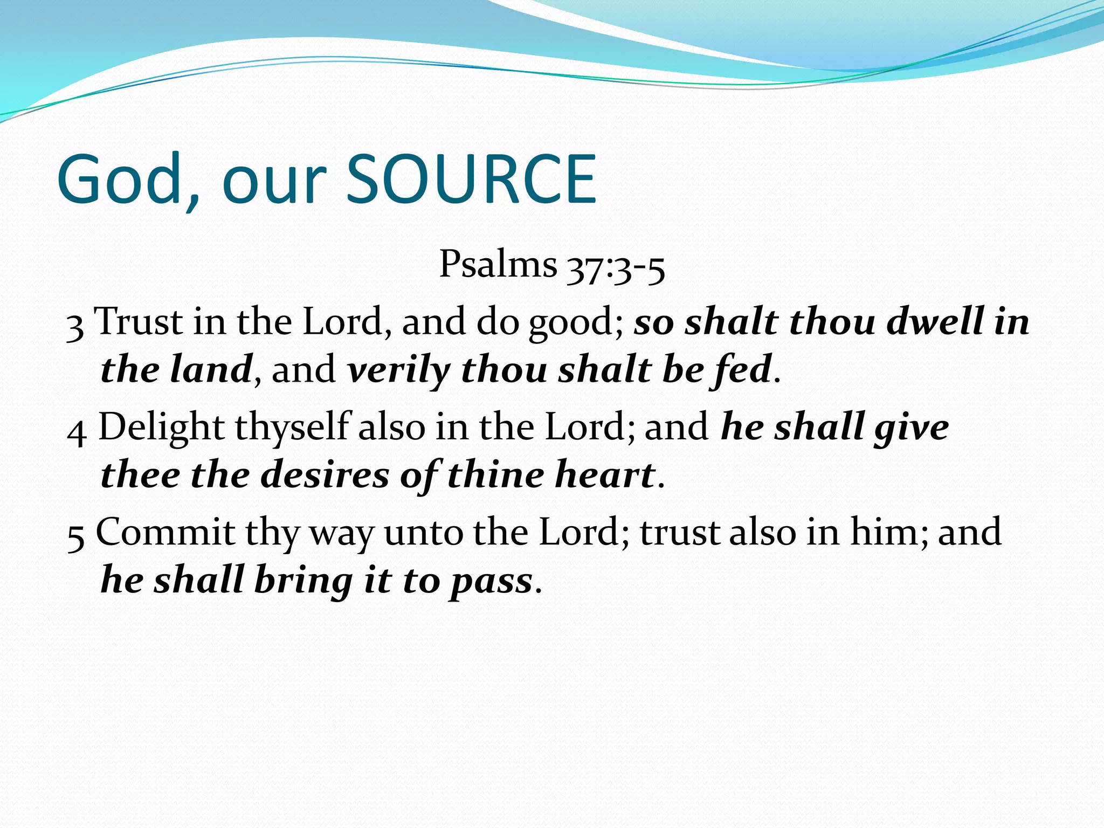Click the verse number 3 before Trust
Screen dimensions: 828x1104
tap(75, 327)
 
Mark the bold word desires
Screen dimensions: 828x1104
tap(325, 475)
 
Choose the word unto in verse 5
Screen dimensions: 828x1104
tap(422, 533)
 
